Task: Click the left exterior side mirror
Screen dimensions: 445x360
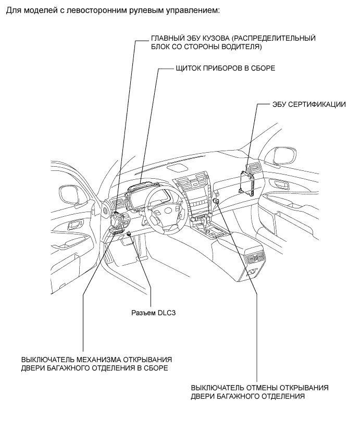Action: tap(70, 194)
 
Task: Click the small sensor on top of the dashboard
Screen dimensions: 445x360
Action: tap(182, 167)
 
